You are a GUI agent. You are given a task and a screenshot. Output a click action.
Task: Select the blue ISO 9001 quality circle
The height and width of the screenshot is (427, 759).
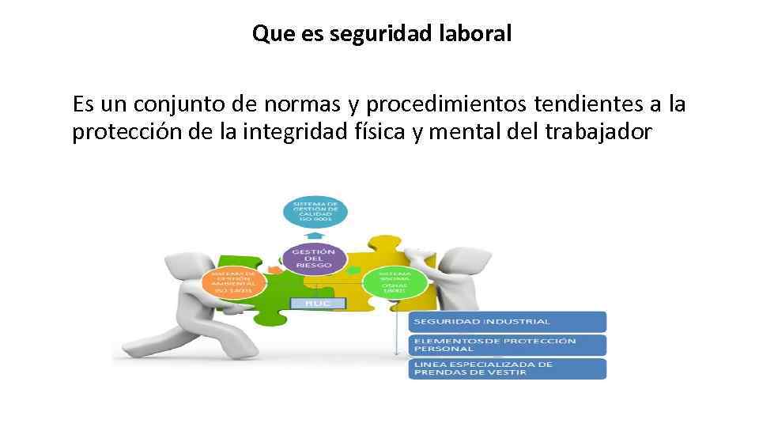[x=315, y=210]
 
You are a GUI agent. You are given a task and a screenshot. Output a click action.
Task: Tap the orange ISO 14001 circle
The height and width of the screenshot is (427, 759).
[x=232, y=283]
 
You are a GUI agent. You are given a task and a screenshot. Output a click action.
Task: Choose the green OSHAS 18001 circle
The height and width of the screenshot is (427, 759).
[x=393, y=283]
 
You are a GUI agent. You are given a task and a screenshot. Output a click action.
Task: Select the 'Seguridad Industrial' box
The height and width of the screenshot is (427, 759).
[x=507, y=321]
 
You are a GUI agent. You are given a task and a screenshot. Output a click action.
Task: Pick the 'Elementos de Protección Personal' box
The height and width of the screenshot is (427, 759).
[x=507, y=345]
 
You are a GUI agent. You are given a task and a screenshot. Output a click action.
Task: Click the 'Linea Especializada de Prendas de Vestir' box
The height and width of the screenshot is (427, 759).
[x=507, y=368]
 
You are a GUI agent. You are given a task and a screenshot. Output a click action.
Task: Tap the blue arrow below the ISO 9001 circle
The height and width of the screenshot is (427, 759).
[x=315, y=235]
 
